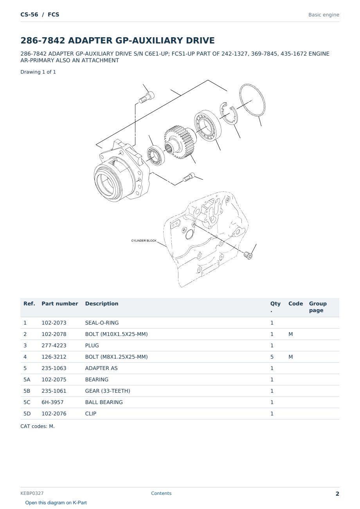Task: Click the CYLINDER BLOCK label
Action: click(x=144, y=240)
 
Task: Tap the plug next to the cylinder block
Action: click(x=248, y=255)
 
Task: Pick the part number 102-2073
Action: click(x=54, y=323)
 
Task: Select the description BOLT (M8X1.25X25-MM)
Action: click(x=116, y=357)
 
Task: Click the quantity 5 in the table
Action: click(x=272, y=357)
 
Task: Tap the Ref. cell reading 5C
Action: click(x=27, y=402)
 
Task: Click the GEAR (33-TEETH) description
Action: click(x=108, y=391)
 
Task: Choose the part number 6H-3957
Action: click(x=52, y=402)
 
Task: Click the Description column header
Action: click(x=102, y=303)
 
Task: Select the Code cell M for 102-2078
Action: click(x=290, y=334)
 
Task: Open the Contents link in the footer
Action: click(x=161, y=493)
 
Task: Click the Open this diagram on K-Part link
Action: click(x=56, y=503)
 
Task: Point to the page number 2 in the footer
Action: click(x=337, y=494)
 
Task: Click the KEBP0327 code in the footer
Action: click(x=32, y=493)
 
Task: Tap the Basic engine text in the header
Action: click(x=324, y=15)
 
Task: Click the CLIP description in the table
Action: click(x=91, y=413)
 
